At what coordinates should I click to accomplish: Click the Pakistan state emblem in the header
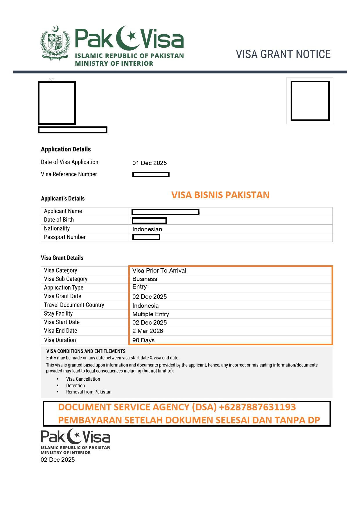click(x=55, y=44)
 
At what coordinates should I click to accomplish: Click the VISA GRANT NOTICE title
click(x=283, y=54)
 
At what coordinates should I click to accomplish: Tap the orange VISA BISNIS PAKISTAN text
click(x=220, y=195)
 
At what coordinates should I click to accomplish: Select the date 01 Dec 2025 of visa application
click(x=150, y=163)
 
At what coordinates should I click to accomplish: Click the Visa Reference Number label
click(x=69, y=174)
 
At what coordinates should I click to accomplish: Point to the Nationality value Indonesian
click(x=147, y=229)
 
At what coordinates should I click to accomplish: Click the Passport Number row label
click(x=65, y=237)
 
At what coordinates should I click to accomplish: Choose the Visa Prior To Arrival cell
click(x=159, y=271)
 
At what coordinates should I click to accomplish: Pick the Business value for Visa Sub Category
click(x=145, y=279)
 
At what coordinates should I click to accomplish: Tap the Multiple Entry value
click(x=151, y=314)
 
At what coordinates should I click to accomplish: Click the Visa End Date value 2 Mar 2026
click(x=147, y=331)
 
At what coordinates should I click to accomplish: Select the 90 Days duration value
click(x=143, y=340)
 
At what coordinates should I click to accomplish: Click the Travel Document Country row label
click(x=74, y=305)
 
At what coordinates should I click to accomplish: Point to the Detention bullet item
click(x=75, y=386)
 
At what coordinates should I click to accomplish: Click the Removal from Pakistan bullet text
click(x=89, y=392)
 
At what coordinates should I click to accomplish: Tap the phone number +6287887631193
click(x=257, y=407)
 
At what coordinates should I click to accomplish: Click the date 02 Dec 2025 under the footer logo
click(x=58, y=460)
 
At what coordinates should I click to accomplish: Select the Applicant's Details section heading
click(x=63, y=199)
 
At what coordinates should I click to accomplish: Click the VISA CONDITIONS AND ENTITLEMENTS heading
click(x=86, y=351)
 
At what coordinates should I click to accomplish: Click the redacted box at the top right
click(x=310, y=101)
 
